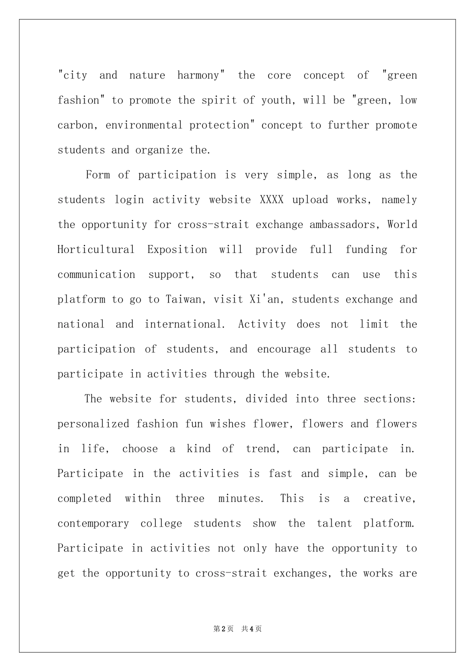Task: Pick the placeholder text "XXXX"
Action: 271,200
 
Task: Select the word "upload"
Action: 310,200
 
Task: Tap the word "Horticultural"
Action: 96,249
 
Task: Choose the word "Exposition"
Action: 177,249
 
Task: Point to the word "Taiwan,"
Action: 184,299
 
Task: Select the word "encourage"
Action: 283,349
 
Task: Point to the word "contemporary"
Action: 93,523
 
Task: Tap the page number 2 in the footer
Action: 224,629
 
